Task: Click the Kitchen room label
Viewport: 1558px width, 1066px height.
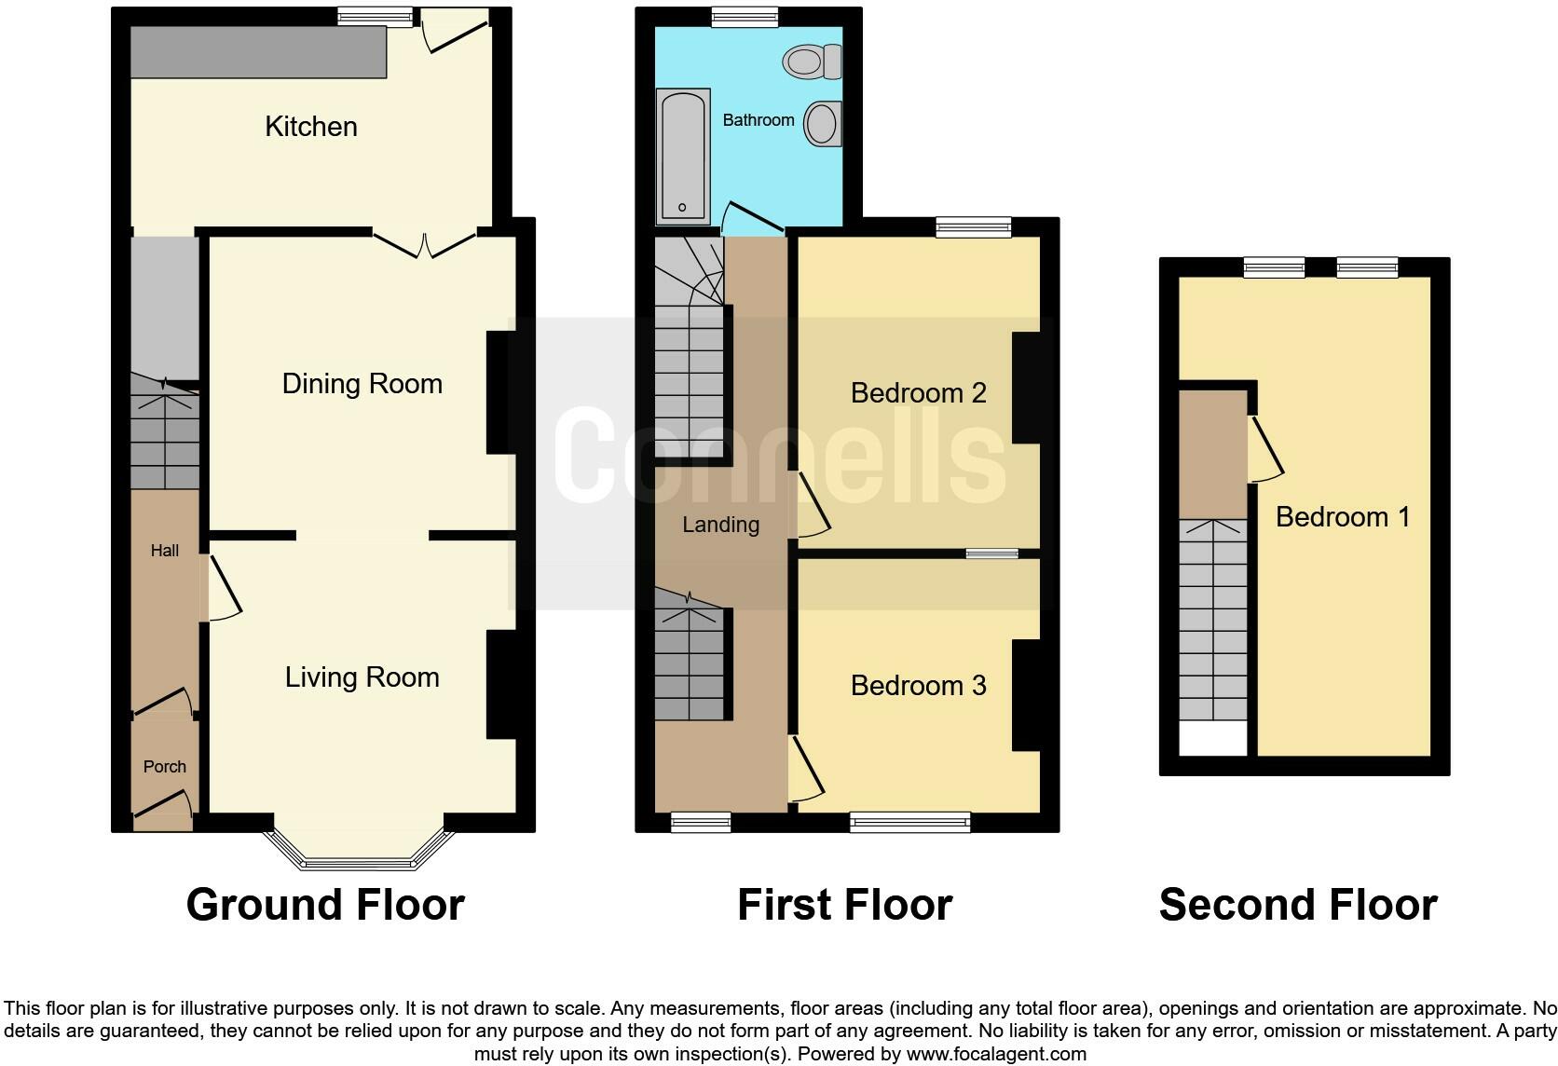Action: pyautogui.click(x=311, y=127)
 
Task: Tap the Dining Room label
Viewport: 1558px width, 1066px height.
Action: pyautogui.click(x=362, y=384)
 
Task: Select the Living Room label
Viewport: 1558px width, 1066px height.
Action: pyautogui.click(x=362, y=677)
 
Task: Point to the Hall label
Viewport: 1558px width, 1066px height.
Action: pyautogui.click(x=165, y=551)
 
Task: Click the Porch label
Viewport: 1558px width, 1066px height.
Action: pyautogui.click(x=165, y=767)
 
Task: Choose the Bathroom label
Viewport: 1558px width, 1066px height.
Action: pyautogui.click(x=758, y=120)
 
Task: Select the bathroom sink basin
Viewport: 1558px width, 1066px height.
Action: pyautogui.click(x=822, y=124)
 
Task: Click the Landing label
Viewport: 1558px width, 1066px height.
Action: pyautogui.click(x=720, y=525)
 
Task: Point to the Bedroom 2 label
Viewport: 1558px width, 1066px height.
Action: pyautogui.click(x=918, y=393)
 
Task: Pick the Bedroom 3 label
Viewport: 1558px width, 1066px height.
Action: pyautogui.click(x=918, y=686)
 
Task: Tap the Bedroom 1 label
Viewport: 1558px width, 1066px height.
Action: pyautogui.click(x=1342, y=517)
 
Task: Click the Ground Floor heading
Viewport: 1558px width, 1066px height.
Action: pyautogui.click(x=325, y=905)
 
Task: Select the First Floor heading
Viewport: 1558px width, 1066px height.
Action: pyautogui.click(x=844, y=905)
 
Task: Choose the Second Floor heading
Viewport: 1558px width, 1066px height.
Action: pyautogui.click(x=1297, y=905)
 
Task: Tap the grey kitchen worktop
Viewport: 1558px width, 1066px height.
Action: pyautogui.click(x=258, y=52)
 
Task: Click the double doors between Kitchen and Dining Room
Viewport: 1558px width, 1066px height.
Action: pyautogui.click(x=425, y=245)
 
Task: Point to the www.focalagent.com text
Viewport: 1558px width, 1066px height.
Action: pyautogui.click(x=996, y=1055)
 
